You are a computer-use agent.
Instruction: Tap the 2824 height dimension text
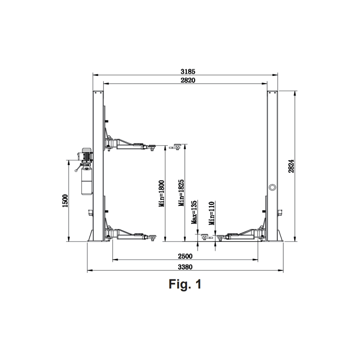point(292,166)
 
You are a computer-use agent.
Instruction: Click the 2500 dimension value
point(185,256)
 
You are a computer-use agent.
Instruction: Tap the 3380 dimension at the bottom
point(185,266)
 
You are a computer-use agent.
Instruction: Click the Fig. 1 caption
point(185,284)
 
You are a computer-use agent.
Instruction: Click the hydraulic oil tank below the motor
point(87,181)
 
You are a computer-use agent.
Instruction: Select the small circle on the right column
point(272,187)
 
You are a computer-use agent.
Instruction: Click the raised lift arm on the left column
point(130,144)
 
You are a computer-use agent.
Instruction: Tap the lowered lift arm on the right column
point(243,234)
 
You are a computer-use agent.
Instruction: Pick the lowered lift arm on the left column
point(130,234)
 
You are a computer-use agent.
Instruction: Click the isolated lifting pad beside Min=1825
point(175,146)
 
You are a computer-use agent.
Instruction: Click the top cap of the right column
point(272,92)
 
